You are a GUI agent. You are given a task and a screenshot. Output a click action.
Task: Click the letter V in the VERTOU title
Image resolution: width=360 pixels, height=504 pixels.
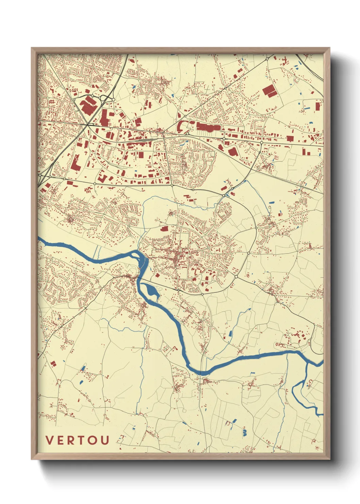(49, 440)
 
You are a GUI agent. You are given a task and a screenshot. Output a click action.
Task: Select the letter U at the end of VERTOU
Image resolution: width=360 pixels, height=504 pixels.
(105, 440)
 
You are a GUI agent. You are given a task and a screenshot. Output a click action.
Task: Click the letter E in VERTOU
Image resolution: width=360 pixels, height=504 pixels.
(60, 440)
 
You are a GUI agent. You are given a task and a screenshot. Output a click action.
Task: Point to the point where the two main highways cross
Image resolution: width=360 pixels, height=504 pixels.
(88, 125)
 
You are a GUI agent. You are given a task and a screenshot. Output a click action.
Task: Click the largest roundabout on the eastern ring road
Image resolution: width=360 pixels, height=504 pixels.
(256, 227)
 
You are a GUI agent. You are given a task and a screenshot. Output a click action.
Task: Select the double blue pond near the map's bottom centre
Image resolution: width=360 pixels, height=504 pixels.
(244, 432)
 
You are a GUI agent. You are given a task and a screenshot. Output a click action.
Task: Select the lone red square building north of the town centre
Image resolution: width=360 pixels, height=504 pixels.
(164, 229)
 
